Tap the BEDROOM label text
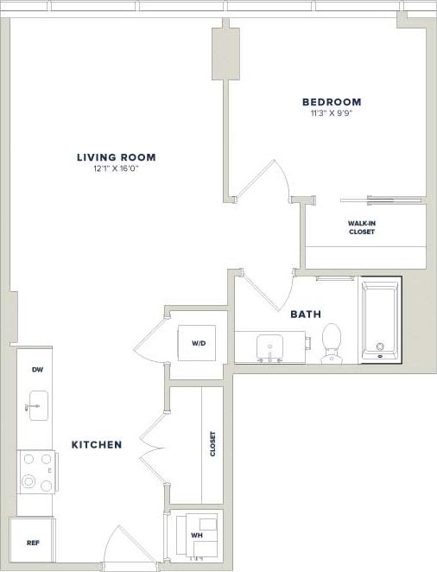[332, 102]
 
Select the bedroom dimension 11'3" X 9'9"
[332, 112]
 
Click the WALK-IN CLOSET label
[362, 228]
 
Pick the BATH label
[307, 314]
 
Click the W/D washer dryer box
[199, 344]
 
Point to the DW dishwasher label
[37, 370]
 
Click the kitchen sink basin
[37, 404]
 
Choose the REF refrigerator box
[32, 543]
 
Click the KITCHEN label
[96, 445]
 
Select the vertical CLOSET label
[212, 445]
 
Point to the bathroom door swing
[269, 292]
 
